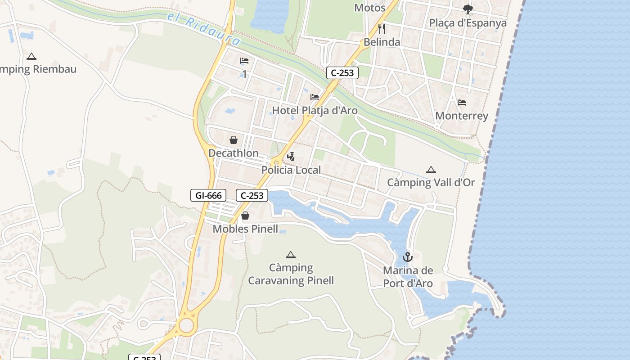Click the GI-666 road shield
(x=208, y=195)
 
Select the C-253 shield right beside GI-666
(x=252, y=195)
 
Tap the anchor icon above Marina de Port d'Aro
(x=407, y=257)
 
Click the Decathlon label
(x=233, y=153)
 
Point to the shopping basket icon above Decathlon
(x=233, y=140)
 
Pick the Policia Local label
(x=291, y=170)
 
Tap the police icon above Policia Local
(x=291, y=157)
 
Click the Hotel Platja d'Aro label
(x=315, y=111)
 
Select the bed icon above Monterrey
(x=461, y=103)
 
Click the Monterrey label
(x=461, y=116)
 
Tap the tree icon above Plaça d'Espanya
(x=468, y=9)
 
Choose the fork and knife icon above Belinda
(x=382, y=29)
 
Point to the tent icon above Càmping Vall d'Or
(x=431, y=170)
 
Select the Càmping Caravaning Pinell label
(x=291, y=274)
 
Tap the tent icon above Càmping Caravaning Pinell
(x=291, y=255)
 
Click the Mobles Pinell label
(x=245, y=229)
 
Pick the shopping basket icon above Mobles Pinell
(x=245, y=216)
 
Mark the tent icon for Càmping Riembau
(x=31, y=57)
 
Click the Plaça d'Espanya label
(x=468, y=23)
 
